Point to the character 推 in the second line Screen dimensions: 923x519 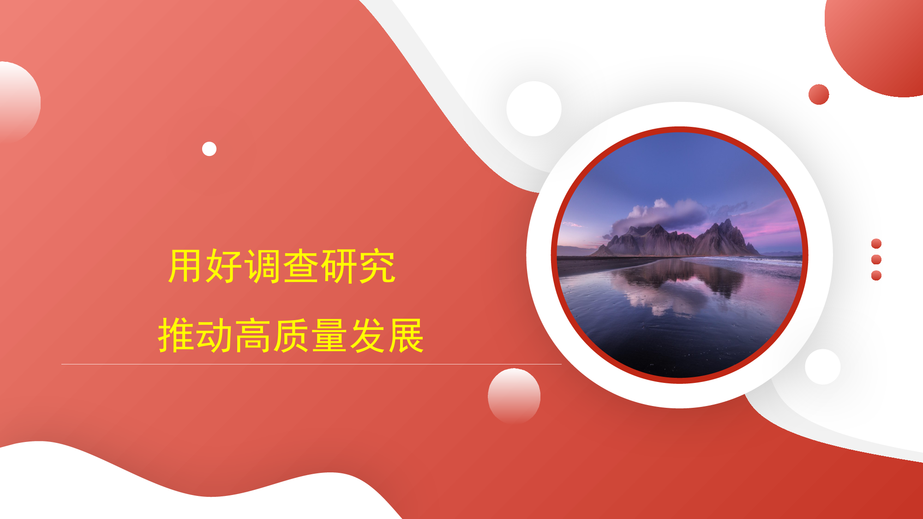pyautogui.click(x=176, y=335)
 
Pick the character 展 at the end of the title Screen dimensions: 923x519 pyautogui.click(x=406, y=335)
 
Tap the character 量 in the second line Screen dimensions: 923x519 pyautogui.click(x=329, y=335)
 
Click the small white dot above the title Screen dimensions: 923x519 pyautogui.click(x=209, y=149)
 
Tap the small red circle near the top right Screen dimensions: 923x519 pyautogui.click(x=819, y=95)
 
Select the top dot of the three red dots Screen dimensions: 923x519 pyautogui.click(x=876, y=244)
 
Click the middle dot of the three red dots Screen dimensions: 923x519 pyautogui.click(x=876, y=260)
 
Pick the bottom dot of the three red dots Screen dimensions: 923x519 pyautogui.click(x=876, y=275)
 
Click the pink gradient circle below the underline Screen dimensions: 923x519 pyautogui.click(x=514, y=396)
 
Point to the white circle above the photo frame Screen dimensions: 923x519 pyautogui.click(x=534, y=109)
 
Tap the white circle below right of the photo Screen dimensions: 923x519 pyautogui.click(x=823, y=367)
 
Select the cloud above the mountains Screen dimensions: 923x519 pyautogui.click(x=660, y=215)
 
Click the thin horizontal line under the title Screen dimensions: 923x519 pyautogui.click(x=312, y=364)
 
